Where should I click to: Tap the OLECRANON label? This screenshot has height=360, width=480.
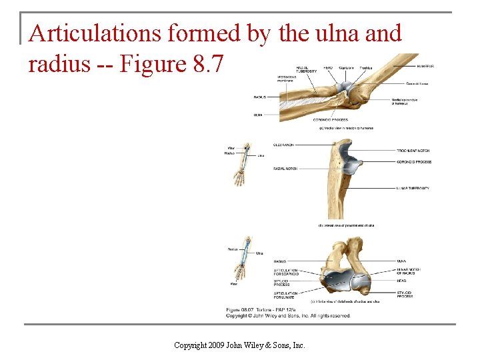pyautogui.click(x=284, y=145)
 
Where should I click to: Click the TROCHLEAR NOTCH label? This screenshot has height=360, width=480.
pyautogui.click(x=413, y=151)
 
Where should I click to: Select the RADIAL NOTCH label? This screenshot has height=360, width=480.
pyautogui.click(x=285, y=169)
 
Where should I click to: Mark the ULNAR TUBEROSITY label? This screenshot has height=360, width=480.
pyautogui.click(x=413, y=188)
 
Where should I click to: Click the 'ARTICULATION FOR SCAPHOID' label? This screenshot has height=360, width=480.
pyautogui.click(x=285, y=272)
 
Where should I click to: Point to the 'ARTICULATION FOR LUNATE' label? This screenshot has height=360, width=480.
pyautogui.click(x=285, y=295)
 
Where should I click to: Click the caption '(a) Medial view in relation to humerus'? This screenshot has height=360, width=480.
pyautogui.click(x=346, y=128)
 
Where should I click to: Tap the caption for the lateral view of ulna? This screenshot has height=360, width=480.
pyautogui.click(x=346, y=225)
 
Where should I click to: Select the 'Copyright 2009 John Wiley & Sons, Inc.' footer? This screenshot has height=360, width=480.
pyautogui.click(x=239, y=345)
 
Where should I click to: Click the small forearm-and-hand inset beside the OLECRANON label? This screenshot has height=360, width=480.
pyautogui.click(x=243, y=164)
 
